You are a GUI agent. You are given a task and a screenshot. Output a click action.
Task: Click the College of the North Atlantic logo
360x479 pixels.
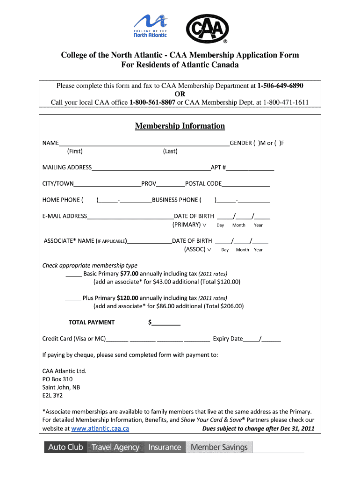point(150,26)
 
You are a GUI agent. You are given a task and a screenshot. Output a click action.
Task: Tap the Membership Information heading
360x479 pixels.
point(180,126)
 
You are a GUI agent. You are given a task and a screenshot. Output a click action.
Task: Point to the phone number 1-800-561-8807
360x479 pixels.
point(152,102)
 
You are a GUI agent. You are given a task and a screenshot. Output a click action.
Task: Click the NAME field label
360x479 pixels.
point(50,143)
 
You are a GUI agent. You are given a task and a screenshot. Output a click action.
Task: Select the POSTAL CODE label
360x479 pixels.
point(203,183)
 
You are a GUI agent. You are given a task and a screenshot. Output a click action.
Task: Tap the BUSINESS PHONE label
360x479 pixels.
point(176,200)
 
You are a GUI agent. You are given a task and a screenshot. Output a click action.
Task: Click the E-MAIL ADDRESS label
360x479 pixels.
point(65,216)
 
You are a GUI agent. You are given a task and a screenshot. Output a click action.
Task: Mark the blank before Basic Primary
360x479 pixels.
point(74,274)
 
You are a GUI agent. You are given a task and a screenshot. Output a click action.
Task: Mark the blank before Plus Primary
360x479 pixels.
point(73,298)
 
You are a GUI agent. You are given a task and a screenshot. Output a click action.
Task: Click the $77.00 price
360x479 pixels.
point(129,274)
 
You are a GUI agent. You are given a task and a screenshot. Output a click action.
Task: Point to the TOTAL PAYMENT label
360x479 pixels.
point(92,322)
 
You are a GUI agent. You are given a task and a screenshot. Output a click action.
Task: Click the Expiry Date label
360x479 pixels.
point(228,339)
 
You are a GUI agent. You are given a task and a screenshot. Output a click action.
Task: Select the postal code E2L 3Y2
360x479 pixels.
point(52,395)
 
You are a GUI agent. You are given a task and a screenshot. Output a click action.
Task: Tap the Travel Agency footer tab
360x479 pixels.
point(115,447)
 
